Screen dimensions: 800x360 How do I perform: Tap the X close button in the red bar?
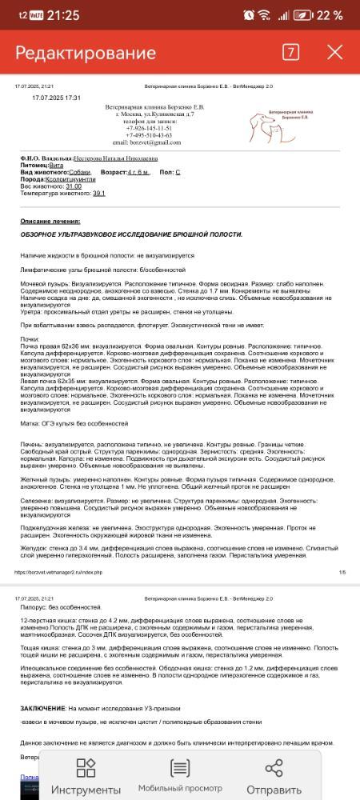pyautogui.click(x=334, y=53)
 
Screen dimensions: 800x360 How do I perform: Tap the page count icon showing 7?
pyautogui.click(x=290, y=53)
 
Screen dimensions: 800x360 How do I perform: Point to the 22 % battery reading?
pyautogui.click(x=328, y=15)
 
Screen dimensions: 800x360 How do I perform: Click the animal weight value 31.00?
pyautogui.click(x=74, y=186)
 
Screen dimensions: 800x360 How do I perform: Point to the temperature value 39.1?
pyautogui.click(x=99, y=193)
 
